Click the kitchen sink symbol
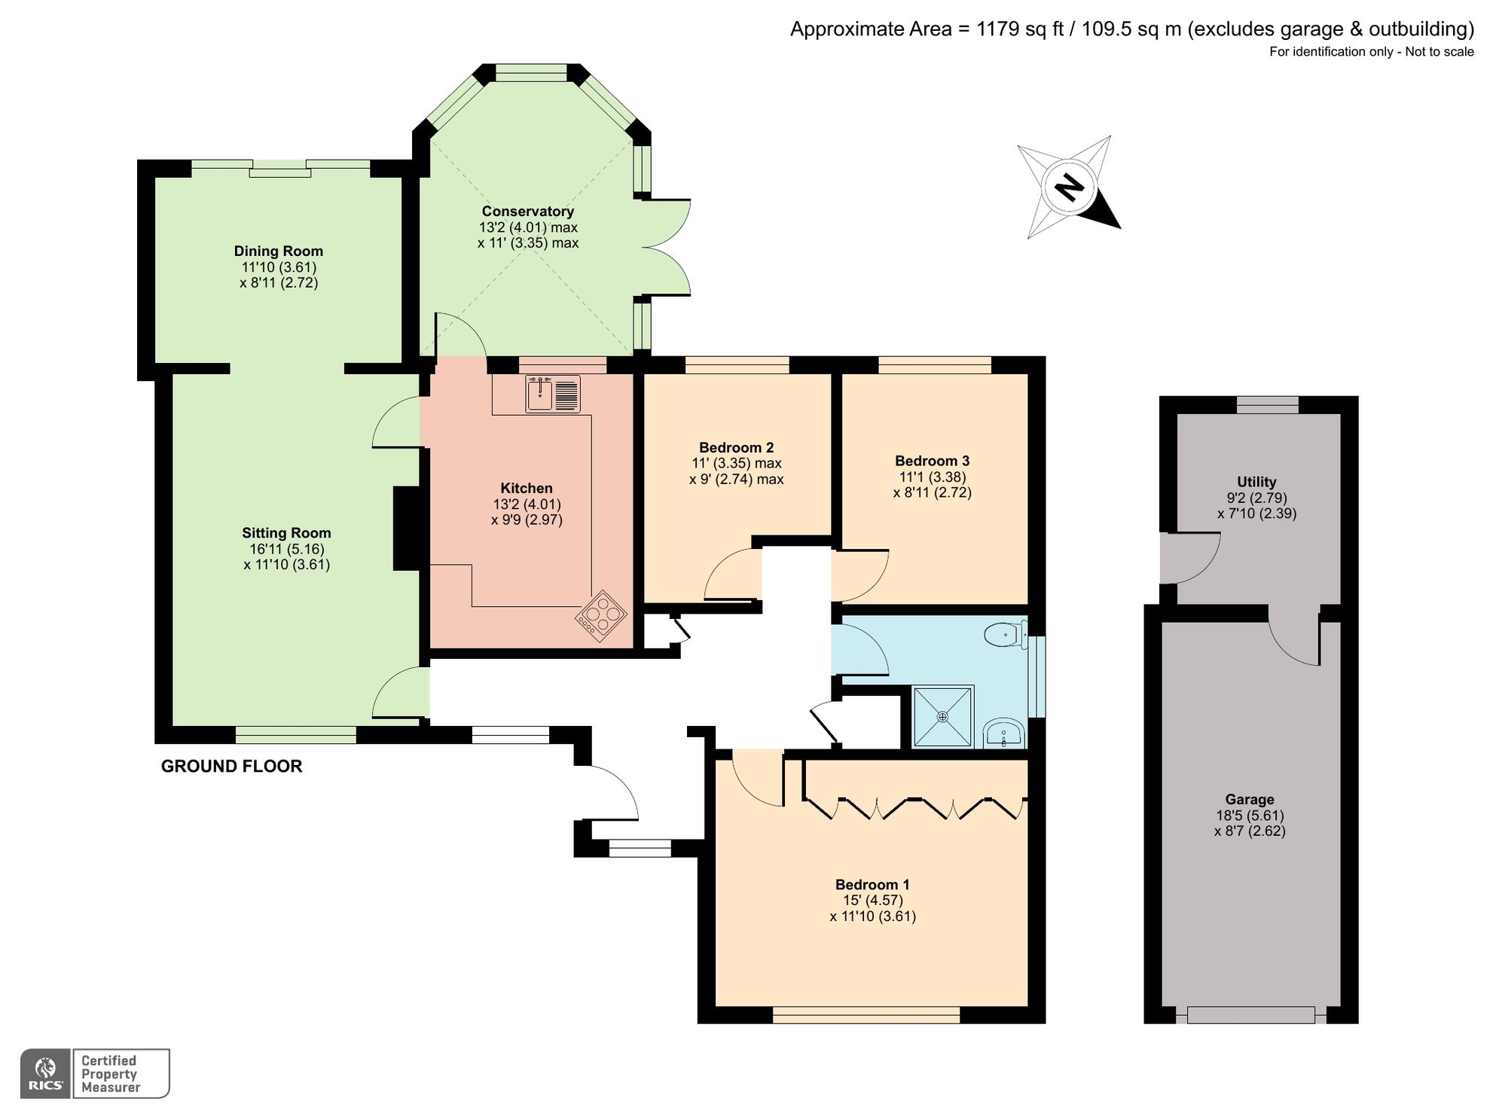553,394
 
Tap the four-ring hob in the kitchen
601,616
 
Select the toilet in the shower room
1006,635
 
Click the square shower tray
942,716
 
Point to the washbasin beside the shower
1004,733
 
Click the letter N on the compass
1068,187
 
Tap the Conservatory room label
527,212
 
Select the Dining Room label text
278,252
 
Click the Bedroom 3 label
932,461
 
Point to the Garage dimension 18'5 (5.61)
1250,816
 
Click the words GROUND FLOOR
231,767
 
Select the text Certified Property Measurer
110,1074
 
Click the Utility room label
1256,482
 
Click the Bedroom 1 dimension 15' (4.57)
872,901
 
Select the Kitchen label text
527,488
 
